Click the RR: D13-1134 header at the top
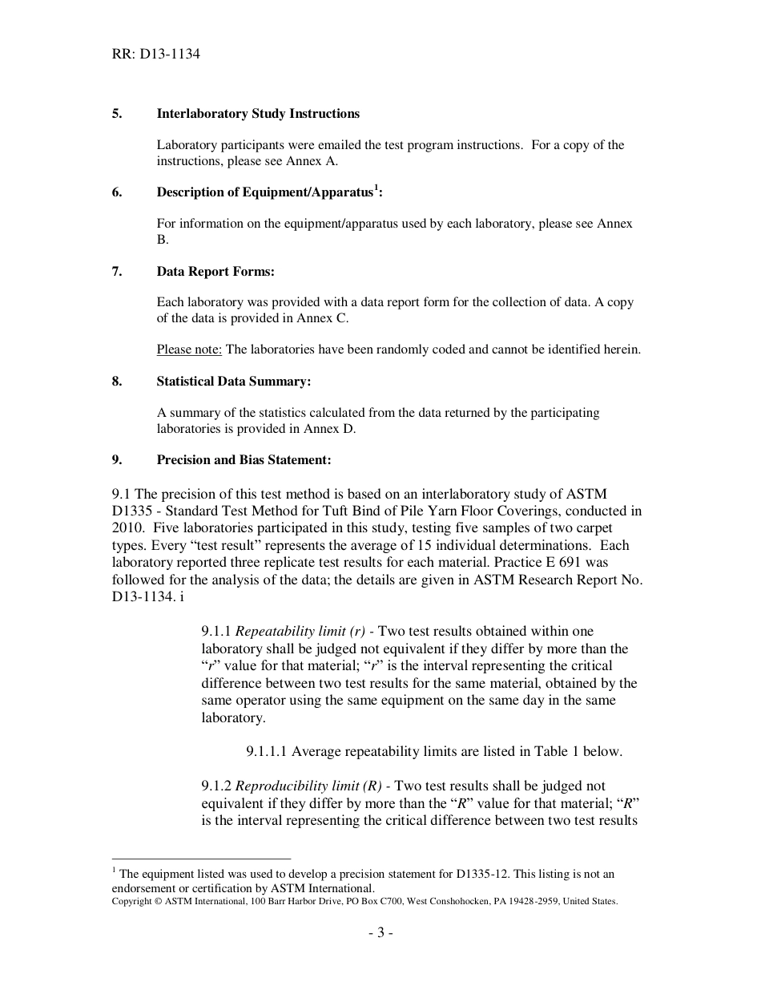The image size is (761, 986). [x=155, y=55]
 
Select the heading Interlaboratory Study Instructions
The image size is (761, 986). [x=258, y=114]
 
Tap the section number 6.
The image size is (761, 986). [x=116, y=192]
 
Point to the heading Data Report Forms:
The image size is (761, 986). [x=215, y=272]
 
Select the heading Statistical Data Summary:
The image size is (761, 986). [x=233, y=382]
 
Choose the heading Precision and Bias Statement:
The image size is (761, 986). [x=244, y=460]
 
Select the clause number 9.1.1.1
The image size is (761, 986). [x=267, y=752]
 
